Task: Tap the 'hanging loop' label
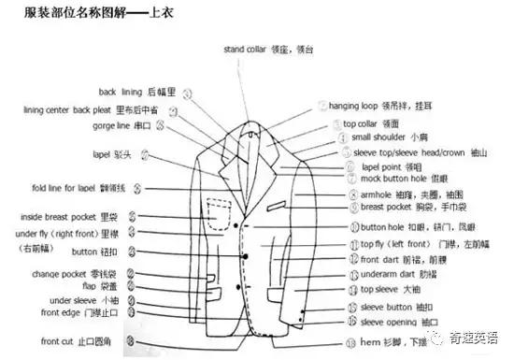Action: point(352,107)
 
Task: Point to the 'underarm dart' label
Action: point(388,275)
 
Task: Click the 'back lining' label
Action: point(120,93)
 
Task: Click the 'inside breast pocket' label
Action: point(56,217)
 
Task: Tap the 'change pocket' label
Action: point(64,274)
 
